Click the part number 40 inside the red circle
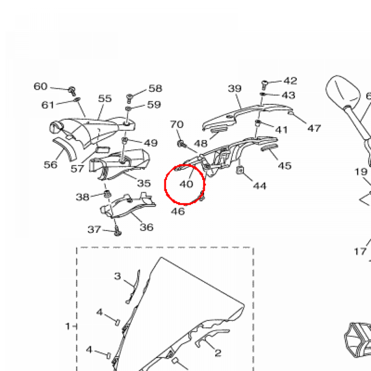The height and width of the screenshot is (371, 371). (x=187, y=184)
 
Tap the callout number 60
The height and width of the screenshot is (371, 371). (x=41, y=87)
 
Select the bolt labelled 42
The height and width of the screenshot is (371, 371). (x=264, y=84)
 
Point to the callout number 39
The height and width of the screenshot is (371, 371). (x=235, y=88)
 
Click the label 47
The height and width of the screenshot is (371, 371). (x=314, y=128)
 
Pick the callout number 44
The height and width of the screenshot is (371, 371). (x=260, y=186)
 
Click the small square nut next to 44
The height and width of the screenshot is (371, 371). (x=239, y=170)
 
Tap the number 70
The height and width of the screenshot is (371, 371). (x=177, y=125)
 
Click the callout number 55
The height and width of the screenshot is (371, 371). (x=105, y=99)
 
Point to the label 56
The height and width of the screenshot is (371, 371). (x=50, y=165)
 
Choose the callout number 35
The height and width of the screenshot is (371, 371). (x=144, y=183)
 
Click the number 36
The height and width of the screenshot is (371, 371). (x=146, y=228)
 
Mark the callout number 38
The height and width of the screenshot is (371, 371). (x=83, y=197)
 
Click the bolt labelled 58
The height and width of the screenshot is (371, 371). (x=129, y=97)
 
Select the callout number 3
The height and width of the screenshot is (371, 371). (x=117, y=276)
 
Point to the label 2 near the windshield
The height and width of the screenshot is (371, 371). (x=218, y=353)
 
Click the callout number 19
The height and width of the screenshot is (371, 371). (x=361, y=172)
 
